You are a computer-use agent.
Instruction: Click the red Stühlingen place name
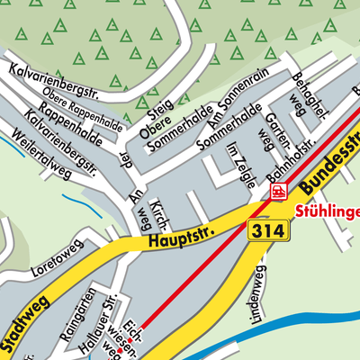328,212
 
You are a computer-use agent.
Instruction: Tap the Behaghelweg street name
303,95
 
